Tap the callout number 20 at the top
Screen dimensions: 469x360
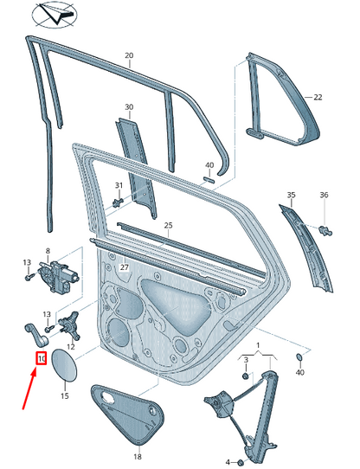(129, 56)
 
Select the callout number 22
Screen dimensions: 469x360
(318, 98)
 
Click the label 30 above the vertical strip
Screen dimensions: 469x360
(129, 107)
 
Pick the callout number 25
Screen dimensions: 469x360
(168, 225)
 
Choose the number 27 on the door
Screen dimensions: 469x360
(125, 267)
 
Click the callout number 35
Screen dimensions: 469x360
(292, 195)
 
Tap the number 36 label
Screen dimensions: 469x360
(325, 195)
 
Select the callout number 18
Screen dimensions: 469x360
(137, 456)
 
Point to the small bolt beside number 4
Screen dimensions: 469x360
(241, 462)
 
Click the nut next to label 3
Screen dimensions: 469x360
(245, 376)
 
